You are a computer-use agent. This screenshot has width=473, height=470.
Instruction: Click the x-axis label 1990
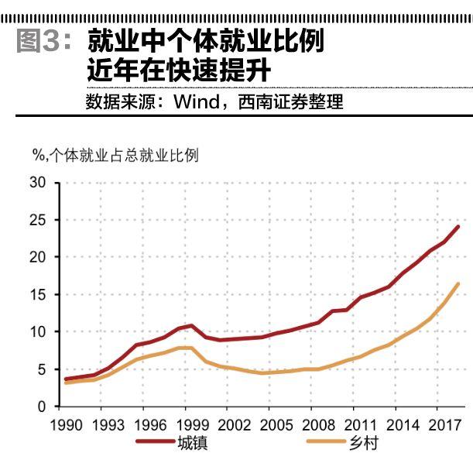[x=66, y=425]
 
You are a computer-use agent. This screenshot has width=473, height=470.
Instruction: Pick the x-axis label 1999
[x=190, y=425]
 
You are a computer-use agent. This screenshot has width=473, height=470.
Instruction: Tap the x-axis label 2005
[x=275, y=425]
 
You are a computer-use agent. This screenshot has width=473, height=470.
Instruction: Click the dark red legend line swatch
[x=154, y=444]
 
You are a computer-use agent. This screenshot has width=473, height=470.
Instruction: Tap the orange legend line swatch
[x=327, y=444]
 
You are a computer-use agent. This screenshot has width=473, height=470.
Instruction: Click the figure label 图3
[x=44, y=41]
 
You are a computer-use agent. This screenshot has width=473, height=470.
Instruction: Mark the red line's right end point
[x=459, y=226]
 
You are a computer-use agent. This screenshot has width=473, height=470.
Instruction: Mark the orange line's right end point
[x=459, y=283]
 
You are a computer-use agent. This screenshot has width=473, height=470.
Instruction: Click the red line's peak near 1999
[x=191, y=325]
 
